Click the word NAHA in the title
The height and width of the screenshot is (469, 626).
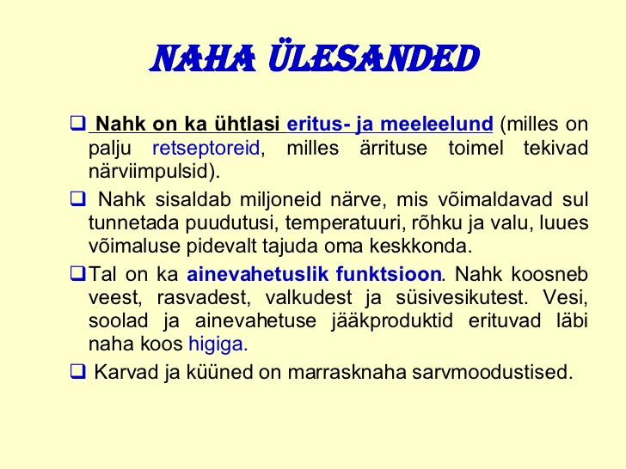click(203, 59)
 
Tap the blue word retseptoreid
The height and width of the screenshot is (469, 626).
click(206, 148)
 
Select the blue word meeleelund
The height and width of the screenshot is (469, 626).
click(437, 124)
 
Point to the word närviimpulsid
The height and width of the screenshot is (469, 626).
click(152, 172)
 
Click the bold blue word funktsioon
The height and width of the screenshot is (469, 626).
click(389, 274)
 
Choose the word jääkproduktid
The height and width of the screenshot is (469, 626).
click(392, 321)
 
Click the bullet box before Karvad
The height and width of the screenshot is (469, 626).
click(78, 371)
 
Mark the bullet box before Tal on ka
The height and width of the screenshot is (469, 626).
click(78, 273)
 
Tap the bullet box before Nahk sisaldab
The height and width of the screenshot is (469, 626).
click(78, 198)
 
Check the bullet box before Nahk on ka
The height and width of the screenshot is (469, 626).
click(78, 123)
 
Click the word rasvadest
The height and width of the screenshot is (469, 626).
click(204, 297)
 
